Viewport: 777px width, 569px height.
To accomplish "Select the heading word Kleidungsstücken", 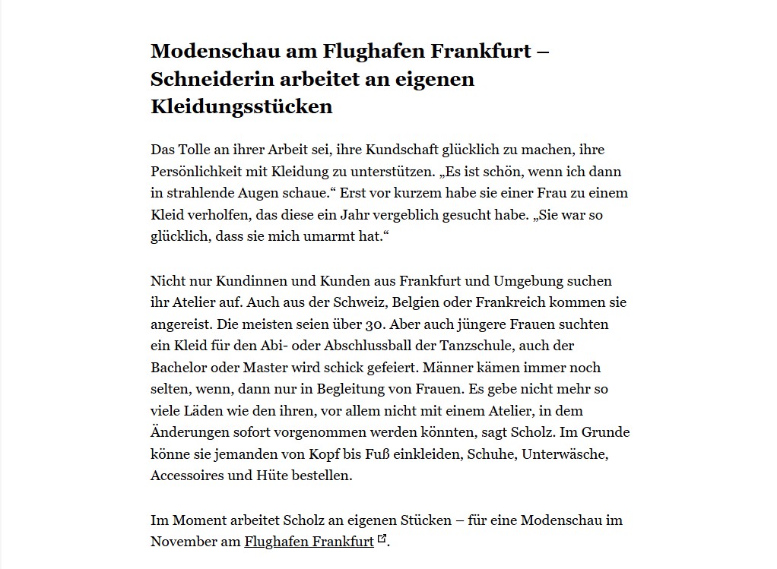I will [x=242, y=106].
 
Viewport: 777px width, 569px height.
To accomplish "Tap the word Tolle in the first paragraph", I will [x=195, y=150].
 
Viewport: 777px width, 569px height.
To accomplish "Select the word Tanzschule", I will [x=494, y=346].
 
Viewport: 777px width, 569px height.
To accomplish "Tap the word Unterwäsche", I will [x=568, y=454].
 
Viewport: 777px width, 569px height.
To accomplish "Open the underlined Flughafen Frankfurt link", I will [x=309, y=542].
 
